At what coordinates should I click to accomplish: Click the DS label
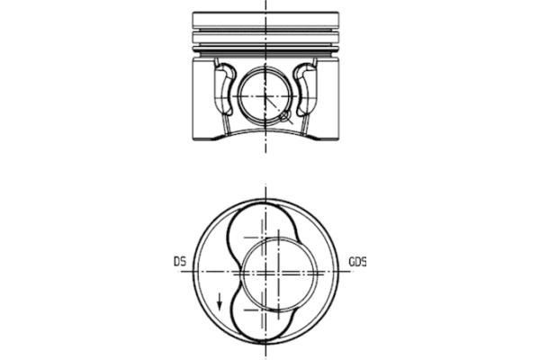click(x=180, y=262)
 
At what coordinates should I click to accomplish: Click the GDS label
click(x=357, y=262)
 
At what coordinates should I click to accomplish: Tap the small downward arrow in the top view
click(x=218, y=300)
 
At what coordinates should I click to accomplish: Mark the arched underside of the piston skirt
click(x=266, y=130)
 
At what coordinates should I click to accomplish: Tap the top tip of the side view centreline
click(x=266, y=3)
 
